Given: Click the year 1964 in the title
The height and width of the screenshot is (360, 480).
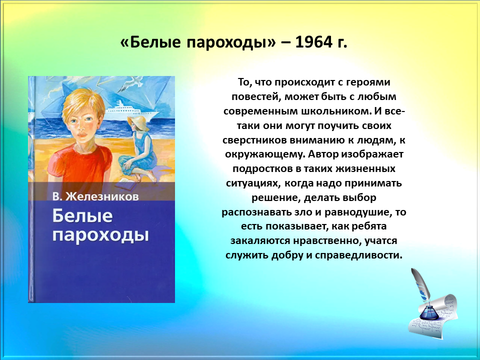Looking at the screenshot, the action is point(313,42).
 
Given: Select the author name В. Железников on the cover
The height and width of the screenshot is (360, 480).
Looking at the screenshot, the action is point(95,196).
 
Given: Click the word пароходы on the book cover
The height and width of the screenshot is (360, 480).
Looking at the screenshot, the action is point(100,235).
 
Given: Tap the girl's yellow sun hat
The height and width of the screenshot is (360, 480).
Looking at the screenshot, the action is point(136,122).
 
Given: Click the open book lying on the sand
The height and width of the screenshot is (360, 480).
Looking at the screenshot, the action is point(125,184).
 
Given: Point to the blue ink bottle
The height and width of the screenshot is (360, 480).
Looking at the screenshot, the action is point(427,311).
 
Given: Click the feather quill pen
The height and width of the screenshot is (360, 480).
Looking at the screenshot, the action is point(420,284).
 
